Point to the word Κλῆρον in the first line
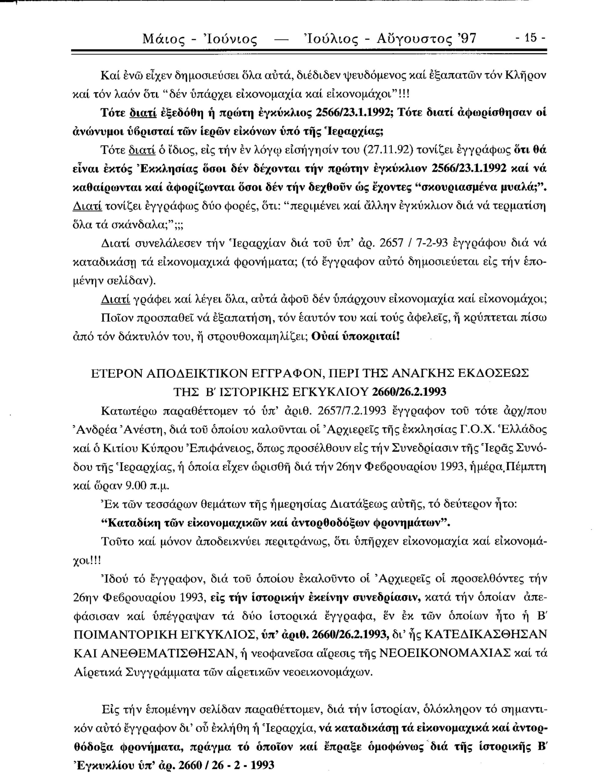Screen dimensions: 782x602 pos(523,76)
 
